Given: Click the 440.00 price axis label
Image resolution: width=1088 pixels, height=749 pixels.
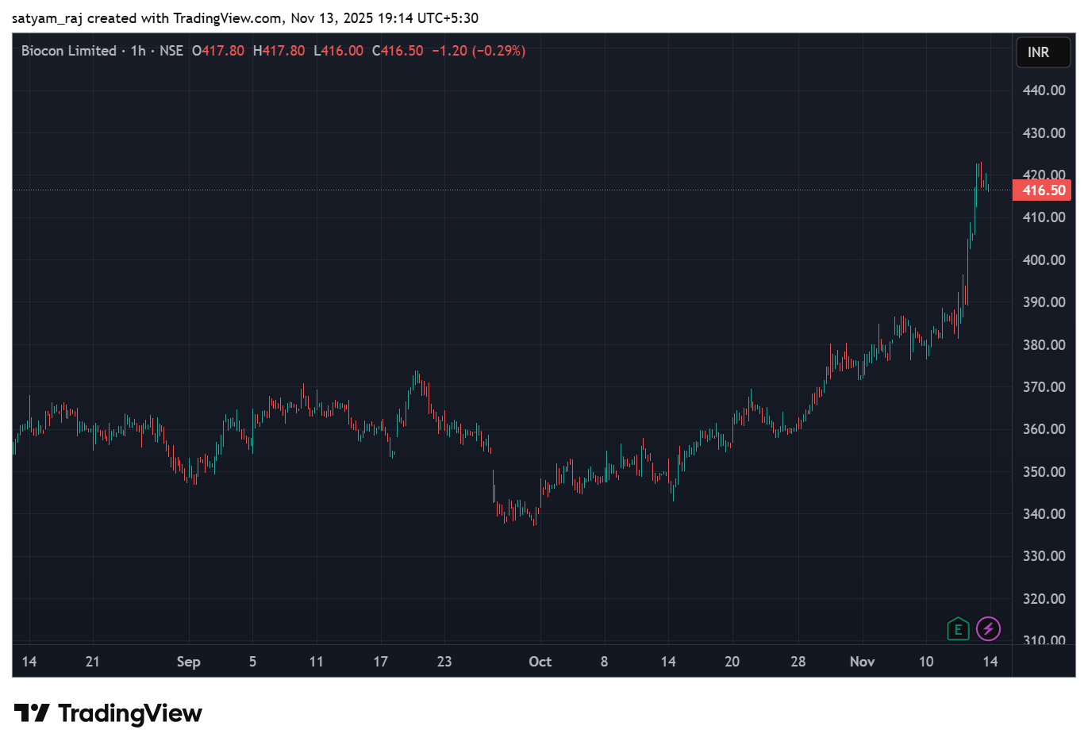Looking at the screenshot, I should point(1044,90).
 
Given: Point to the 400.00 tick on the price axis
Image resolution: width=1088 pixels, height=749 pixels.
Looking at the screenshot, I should point(1044,260).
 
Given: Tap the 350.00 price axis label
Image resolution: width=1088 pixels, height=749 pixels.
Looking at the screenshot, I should point(1044,472).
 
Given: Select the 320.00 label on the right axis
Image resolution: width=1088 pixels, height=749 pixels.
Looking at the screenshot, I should point(1044,599).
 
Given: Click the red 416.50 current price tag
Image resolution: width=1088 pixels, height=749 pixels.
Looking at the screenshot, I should point(1043,190).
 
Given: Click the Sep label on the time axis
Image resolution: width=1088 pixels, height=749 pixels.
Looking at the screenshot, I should point(188,662).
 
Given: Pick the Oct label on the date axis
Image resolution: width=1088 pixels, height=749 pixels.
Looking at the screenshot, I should point(540,662).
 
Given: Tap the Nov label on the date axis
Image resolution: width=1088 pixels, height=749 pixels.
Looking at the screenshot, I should point(862,662).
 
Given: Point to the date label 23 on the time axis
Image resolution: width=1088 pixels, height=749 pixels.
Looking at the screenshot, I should point(444,662).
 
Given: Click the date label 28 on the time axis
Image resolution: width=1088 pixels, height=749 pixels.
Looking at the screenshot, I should point(798,662).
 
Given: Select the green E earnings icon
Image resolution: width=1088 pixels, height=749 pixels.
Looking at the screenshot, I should point(958,629).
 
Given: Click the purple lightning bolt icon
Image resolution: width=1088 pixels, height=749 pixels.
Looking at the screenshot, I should point(988,629).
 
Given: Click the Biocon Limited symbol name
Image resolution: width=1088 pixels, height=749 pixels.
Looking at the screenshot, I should point(69,51).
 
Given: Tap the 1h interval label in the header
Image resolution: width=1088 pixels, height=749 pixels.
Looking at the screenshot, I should point(138,51).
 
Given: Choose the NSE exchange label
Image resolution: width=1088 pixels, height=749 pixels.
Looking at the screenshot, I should point(171,51).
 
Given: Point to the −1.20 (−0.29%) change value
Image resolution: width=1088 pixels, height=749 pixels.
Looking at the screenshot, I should point(479,51).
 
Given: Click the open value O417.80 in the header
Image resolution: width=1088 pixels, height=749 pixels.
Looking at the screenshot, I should point(218,51).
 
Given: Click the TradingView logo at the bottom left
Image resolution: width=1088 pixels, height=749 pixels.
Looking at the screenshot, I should point(108,713).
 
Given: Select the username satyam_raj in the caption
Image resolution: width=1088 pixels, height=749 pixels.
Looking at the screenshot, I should point(47,18).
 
